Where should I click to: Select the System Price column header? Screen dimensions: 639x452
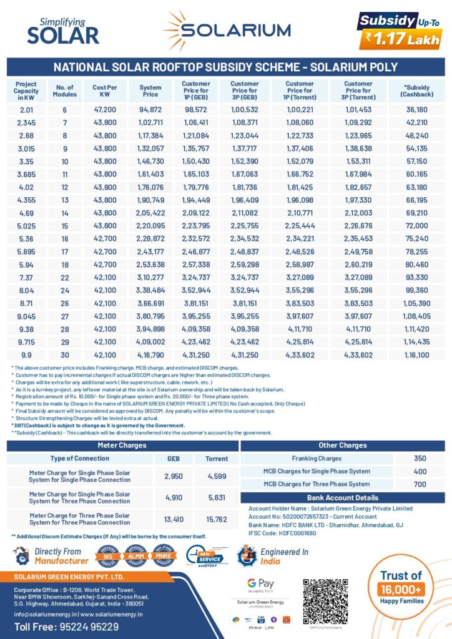pos(150,91)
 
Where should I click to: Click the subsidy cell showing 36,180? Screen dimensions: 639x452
pos(416,109)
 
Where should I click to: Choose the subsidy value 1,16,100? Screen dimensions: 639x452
pos(416,354)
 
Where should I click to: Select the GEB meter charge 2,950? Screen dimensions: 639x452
pos(173,476)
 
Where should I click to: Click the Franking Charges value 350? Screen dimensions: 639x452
pos(420,459)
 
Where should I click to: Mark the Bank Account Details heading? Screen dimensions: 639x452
pos(342,497)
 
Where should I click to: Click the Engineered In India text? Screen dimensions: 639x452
pos(284,556)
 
